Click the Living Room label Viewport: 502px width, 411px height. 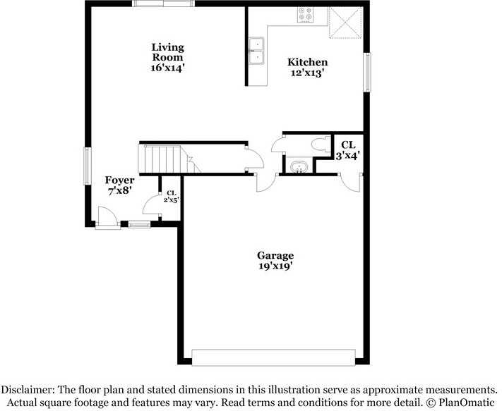[x=167, y=52]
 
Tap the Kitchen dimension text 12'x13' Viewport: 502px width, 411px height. [x=307, y=73]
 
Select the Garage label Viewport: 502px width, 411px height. [x=275, y=255]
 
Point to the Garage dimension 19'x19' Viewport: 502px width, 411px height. [x=275, y=266]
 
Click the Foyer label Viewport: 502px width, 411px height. [x=119, y=180]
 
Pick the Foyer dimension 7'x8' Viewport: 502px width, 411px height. [x=119, y=190]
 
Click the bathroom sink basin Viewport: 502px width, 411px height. [x=299, y=167]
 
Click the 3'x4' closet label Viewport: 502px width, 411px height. [x=347, y=150]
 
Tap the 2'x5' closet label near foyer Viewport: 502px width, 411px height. [x=171, y=196]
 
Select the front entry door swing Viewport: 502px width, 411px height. [x=107, y=217]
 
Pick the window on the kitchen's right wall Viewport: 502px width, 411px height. [x=367, y=73]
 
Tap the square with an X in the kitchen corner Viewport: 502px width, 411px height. [x=345, y=23]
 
